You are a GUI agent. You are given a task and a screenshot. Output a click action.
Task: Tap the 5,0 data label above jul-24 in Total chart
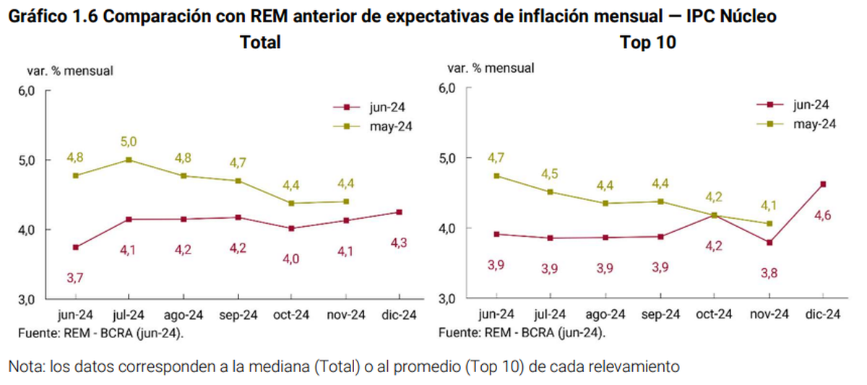(129, 142)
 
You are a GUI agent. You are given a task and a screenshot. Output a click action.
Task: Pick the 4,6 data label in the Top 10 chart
(822, 214)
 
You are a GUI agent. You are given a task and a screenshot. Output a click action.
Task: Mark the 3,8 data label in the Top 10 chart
(769, 274)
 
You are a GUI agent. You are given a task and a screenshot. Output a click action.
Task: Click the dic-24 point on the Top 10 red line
(823, 184)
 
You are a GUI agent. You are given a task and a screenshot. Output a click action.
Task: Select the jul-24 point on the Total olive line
(129, 160)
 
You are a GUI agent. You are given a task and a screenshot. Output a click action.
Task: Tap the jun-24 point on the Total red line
(76, 247)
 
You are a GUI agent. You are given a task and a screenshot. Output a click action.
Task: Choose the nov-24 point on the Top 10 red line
(769, 243)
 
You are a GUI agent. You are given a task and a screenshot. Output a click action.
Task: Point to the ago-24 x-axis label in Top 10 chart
(605, 314)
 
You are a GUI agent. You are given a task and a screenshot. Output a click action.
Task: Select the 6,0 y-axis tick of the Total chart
(27, 91)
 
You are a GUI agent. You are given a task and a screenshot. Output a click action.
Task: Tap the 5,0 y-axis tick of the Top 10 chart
(448, 158)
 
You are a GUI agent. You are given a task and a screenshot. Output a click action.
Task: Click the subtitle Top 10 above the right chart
(648, 43)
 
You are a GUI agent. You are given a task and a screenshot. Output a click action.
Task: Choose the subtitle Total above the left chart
(260, 43)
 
